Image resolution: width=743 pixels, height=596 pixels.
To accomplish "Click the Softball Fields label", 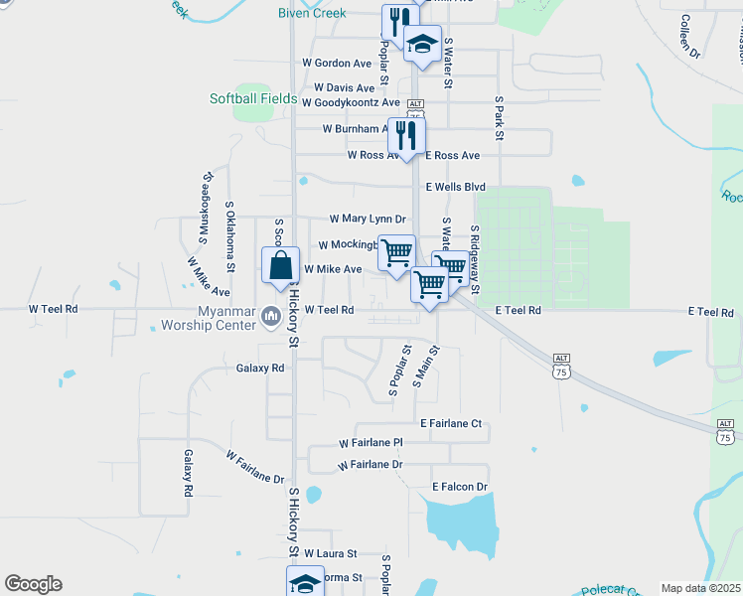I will point(253,98).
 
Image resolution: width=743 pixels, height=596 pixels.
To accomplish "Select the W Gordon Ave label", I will point(337,63).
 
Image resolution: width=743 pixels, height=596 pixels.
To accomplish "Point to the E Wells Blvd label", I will point(455,187).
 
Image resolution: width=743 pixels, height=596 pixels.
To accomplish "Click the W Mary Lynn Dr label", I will point(368,219).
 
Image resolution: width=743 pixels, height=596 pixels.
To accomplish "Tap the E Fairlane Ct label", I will point(450,424).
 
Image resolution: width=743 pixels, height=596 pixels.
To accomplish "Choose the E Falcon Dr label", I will point(460,487).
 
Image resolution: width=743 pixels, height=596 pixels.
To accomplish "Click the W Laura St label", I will point(330,553).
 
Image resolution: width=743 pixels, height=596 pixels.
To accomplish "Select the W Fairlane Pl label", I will point(371,442).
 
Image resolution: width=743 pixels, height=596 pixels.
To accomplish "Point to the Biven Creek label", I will point(313,13).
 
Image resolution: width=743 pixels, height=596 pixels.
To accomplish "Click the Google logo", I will point(33,584).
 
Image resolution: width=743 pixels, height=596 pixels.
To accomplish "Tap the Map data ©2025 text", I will point(700,588).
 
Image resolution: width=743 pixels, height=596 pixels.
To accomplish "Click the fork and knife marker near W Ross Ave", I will point(405,134).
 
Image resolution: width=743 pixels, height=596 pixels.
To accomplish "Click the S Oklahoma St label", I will point(229,236).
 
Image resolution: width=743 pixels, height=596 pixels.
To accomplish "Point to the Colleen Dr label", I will point(689,37).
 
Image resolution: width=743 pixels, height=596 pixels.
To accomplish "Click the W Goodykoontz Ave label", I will point(351,102).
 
